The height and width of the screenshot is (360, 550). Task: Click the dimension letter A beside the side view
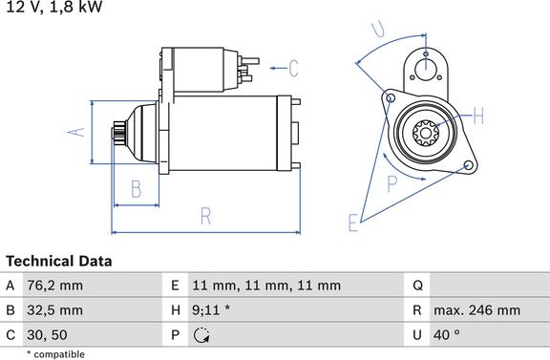pos(76,133)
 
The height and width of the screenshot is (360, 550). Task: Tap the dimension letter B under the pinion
pos(137,189)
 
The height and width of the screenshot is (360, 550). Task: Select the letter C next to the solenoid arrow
pos(294,69)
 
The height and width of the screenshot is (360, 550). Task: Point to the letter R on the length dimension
pos(206,216)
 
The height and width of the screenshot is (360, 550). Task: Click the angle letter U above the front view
pos(378,29)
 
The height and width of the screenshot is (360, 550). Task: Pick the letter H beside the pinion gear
pos(478,116)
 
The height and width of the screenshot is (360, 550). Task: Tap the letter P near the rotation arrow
pos(392,183)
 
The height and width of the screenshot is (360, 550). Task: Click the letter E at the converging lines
pos(353,222)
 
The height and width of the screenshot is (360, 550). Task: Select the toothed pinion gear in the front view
pos(426,133)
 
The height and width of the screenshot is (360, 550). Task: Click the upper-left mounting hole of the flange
pos(390,97)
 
